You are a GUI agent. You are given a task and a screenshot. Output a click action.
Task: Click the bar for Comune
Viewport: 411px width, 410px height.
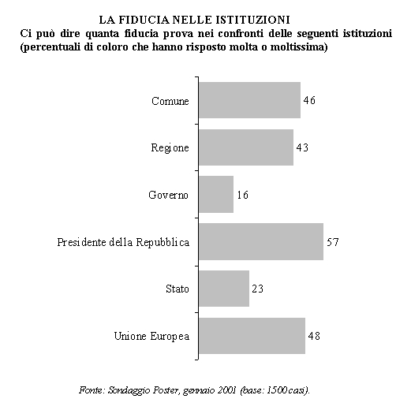(x=249, y=100)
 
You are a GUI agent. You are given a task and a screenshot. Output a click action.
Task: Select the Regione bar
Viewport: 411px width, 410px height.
(x=246, y=147)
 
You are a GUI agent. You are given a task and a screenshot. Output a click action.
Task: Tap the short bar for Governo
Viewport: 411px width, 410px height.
(x=216, y=194)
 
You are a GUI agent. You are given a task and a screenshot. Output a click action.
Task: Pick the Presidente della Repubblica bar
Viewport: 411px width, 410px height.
(x=261, y=242)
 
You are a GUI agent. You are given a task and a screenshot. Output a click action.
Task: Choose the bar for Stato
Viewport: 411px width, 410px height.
(x=224, y=289)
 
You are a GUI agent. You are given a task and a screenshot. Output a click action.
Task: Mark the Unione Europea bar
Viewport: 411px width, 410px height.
(x=252, y=336)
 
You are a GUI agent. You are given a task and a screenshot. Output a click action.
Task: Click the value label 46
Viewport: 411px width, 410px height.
(x=309, y=100)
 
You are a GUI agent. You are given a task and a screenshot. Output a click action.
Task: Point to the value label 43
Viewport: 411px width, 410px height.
(x=302, y=147)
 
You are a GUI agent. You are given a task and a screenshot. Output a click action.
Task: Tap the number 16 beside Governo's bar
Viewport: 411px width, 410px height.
(x=242, y=195)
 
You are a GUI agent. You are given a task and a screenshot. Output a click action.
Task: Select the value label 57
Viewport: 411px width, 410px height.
(x=333, y=242)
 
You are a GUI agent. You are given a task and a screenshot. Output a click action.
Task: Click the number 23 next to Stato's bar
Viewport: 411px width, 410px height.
(x=257, y=289)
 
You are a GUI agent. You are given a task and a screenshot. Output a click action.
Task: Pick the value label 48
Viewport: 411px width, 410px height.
(x=314, y=336)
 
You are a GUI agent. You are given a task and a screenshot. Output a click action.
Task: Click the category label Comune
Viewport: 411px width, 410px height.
(x=170, y=101)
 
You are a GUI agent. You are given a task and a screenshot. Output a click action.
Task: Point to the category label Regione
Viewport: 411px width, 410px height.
(x=170, y=147)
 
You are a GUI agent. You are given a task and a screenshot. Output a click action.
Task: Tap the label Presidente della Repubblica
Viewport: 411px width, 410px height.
(x=123, y=242)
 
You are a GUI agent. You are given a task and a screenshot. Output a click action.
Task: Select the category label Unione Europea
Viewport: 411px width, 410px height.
(x=151, y=336)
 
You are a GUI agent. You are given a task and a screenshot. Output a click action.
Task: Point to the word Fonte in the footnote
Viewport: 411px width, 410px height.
(x=91, y=390)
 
